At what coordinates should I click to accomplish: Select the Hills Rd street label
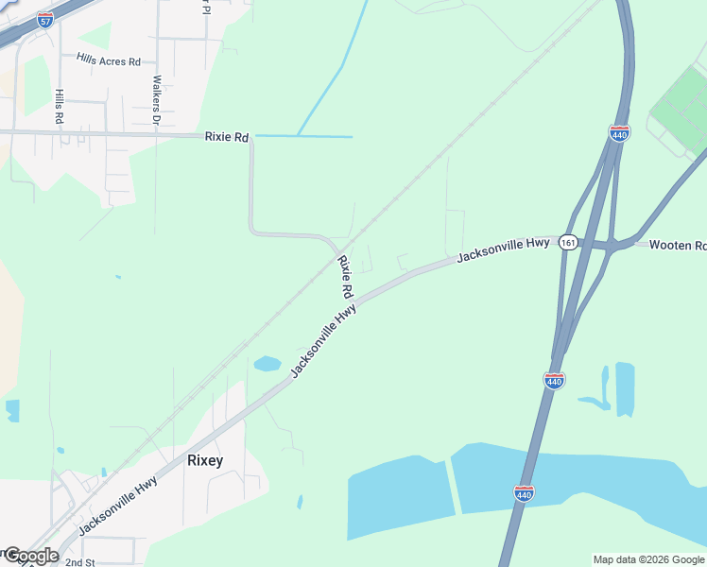(x=59, y=108)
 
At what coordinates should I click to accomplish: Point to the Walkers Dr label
(x=157, y=101)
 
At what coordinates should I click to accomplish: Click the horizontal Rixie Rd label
(x=227, y=137)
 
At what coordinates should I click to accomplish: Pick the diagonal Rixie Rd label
(x=345, y=277)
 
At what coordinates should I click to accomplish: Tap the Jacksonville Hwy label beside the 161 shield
(x=503, y=249)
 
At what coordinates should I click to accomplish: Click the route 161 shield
(x=567, y=242)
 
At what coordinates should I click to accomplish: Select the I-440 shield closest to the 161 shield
(x=620, y=132)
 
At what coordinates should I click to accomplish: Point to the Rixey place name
(x=205, y=461)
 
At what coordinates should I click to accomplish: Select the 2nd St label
(x=80, y=562)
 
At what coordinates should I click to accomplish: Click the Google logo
(x=30, y=556)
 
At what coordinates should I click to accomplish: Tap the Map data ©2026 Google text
(x=648, y=559)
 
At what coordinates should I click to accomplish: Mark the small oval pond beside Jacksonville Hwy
(x=267, y=364)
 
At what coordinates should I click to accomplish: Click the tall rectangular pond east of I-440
(x=625, y=387)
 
